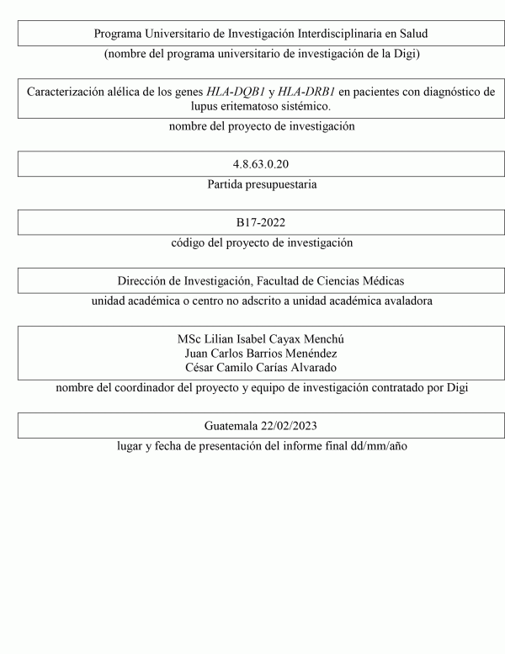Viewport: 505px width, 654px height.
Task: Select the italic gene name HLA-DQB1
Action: pyautogui.click(x=233, y=92)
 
